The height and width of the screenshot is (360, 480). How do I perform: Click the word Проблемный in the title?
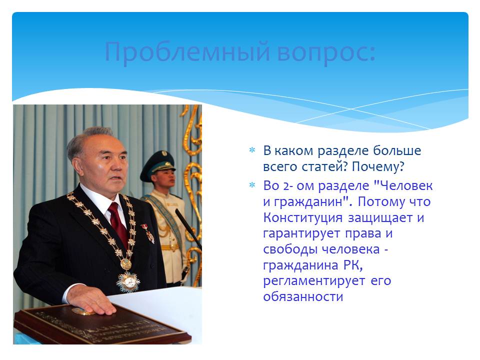pyautogui.click(x=187, y=52)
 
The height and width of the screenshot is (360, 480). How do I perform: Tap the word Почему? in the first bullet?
pyautogui.click(x=378, y=167)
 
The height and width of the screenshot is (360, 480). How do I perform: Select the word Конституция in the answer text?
pyautogui.click(x=303, y=218)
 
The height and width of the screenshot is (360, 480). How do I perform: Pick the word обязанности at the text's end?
pyautogui.click(x=303, y=296)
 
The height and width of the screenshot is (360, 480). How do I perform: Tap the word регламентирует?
pyautogui.click(x=314, y=281)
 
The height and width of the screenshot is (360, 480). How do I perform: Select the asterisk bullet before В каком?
pyautogui.click(x=252, y=150)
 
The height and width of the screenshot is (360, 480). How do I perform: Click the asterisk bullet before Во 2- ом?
pyautogui.click(x=252, y=185)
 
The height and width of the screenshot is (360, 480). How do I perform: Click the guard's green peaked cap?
pyautogui.click(x=157, y=165)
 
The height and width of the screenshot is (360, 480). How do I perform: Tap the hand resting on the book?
pyautogui.click(x=89, y=299)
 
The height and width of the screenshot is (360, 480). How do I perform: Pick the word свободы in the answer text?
pyautogui.click(x=291, y=249)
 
